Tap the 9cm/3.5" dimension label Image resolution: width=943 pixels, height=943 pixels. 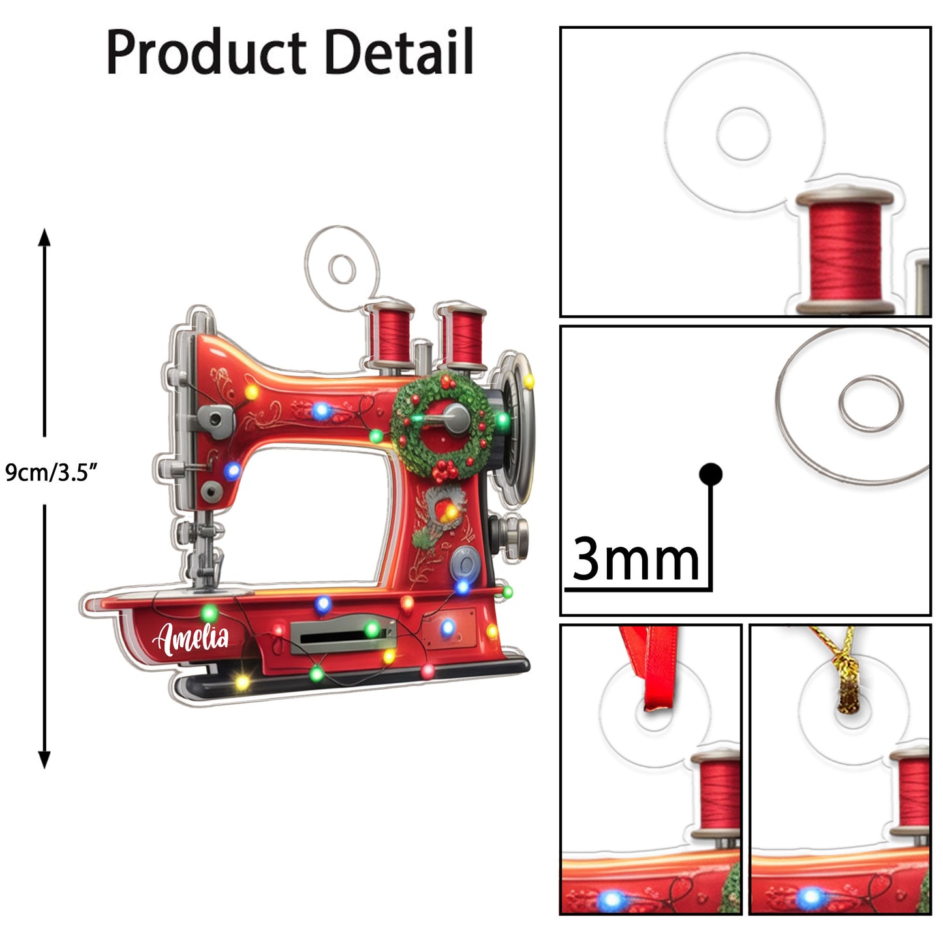(x=51, y=472)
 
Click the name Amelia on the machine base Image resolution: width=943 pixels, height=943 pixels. (x=191, y=639)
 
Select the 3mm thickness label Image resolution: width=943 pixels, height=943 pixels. (x=635, y=559)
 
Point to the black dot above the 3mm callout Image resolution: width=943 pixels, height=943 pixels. (x=710, y=474)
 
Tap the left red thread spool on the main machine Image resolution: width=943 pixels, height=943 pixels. (x=390, y=334)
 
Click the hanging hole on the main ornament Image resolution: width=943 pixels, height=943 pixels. (x=341, y=268)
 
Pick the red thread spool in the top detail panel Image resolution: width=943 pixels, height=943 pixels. (x=844, y=251)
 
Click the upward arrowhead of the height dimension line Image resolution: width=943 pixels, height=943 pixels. (x=44, y=236)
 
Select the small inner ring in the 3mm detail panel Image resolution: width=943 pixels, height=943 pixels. (x=871, y=403)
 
